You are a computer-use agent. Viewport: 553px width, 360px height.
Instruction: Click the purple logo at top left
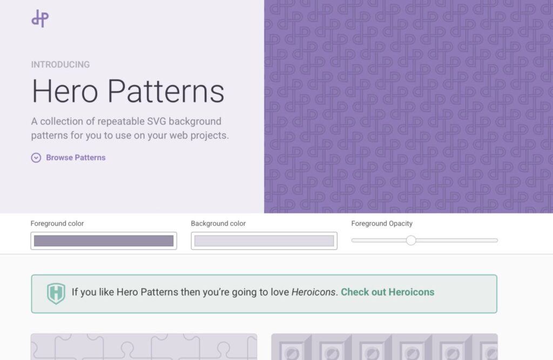click(x=40, y=18)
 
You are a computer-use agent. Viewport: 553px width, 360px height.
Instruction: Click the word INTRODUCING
click(x=60, y=65)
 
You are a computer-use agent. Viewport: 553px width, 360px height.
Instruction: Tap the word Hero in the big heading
click(x=65, y=91)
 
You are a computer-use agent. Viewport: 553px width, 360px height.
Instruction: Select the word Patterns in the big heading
click(x=166, y=91)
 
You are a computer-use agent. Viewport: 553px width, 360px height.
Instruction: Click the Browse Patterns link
click(x=76, y=158)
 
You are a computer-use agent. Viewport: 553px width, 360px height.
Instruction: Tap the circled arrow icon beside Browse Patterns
click(x=36, y=158)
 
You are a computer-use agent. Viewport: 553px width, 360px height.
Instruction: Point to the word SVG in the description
click(x=156, y=121)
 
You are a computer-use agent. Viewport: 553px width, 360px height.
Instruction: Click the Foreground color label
click(x=57, y=223)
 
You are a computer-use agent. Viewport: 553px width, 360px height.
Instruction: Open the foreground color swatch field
click(x=104, y=241)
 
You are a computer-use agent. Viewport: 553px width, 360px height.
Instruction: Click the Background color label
click(x=218, y=223)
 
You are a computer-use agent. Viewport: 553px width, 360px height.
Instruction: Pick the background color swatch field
click(x=264, y=241)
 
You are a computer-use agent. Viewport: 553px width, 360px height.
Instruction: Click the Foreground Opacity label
click(x=382, y=223)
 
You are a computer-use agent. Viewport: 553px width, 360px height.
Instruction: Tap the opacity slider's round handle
click(x=411, y=241)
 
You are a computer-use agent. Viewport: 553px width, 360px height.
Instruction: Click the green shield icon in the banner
click(x=56, y=294)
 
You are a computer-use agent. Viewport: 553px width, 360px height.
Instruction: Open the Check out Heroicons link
click(x=388, y=292)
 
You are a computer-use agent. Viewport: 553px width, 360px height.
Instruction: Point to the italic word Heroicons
click(x=313, y=292)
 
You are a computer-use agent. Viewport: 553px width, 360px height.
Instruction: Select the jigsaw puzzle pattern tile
click(x=144, y=347)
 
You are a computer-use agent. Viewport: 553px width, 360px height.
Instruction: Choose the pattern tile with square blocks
click(x=385, y=347)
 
